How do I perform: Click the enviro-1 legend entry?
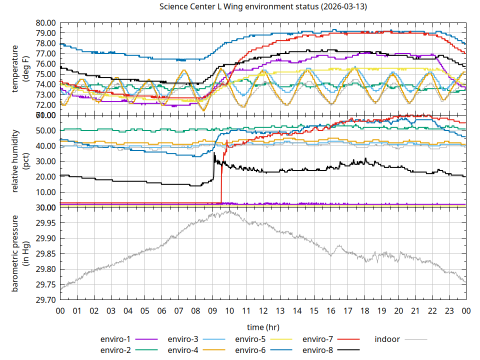[x=115, y=339]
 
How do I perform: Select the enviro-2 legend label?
[x=115, y=349]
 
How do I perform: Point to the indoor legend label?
[x=387, y=339]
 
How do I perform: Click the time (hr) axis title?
[x=263, y=327]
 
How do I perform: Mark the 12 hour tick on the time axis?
[x=263, y=310]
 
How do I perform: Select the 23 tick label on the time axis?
[x=449, y=310]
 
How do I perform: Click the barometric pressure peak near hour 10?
[x=229, y=210]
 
